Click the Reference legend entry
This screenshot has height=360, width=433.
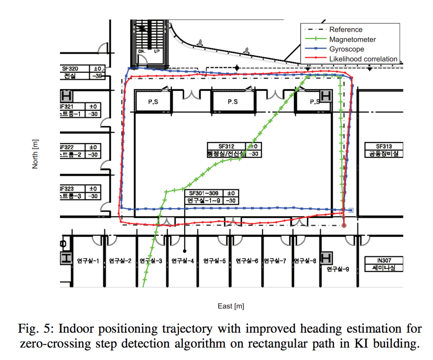tap(345, 30)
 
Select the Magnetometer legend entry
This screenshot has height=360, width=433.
tap(352, 39)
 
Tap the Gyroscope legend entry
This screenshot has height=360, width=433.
tap(346, 49)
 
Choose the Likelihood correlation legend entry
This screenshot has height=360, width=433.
tap(363, 59)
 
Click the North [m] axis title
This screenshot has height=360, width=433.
tap(36, 154)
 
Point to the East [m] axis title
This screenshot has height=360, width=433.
tap(231, 306)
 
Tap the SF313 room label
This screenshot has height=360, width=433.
tap(384, 146)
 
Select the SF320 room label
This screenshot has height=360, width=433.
tap(69, 68)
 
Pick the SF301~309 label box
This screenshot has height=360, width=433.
tap(204, 193)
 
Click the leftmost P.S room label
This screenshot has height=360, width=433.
tap(153, 102)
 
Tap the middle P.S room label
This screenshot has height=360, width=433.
tap(233, 102)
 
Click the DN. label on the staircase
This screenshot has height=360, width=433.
tap(142, 51)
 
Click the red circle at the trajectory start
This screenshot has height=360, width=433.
tap(344, 226)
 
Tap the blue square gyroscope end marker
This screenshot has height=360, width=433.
tap(351, 210)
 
